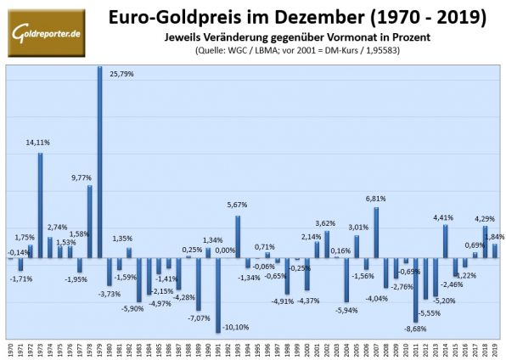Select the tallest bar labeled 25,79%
(100, 161)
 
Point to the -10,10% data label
(237, 327)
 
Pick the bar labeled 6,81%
(376, 232)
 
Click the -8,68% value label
(416, 328)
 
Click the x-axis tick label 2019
(495, 349)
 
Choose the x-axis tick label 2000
(307, 349)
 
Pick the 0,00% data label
(225, 250)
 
